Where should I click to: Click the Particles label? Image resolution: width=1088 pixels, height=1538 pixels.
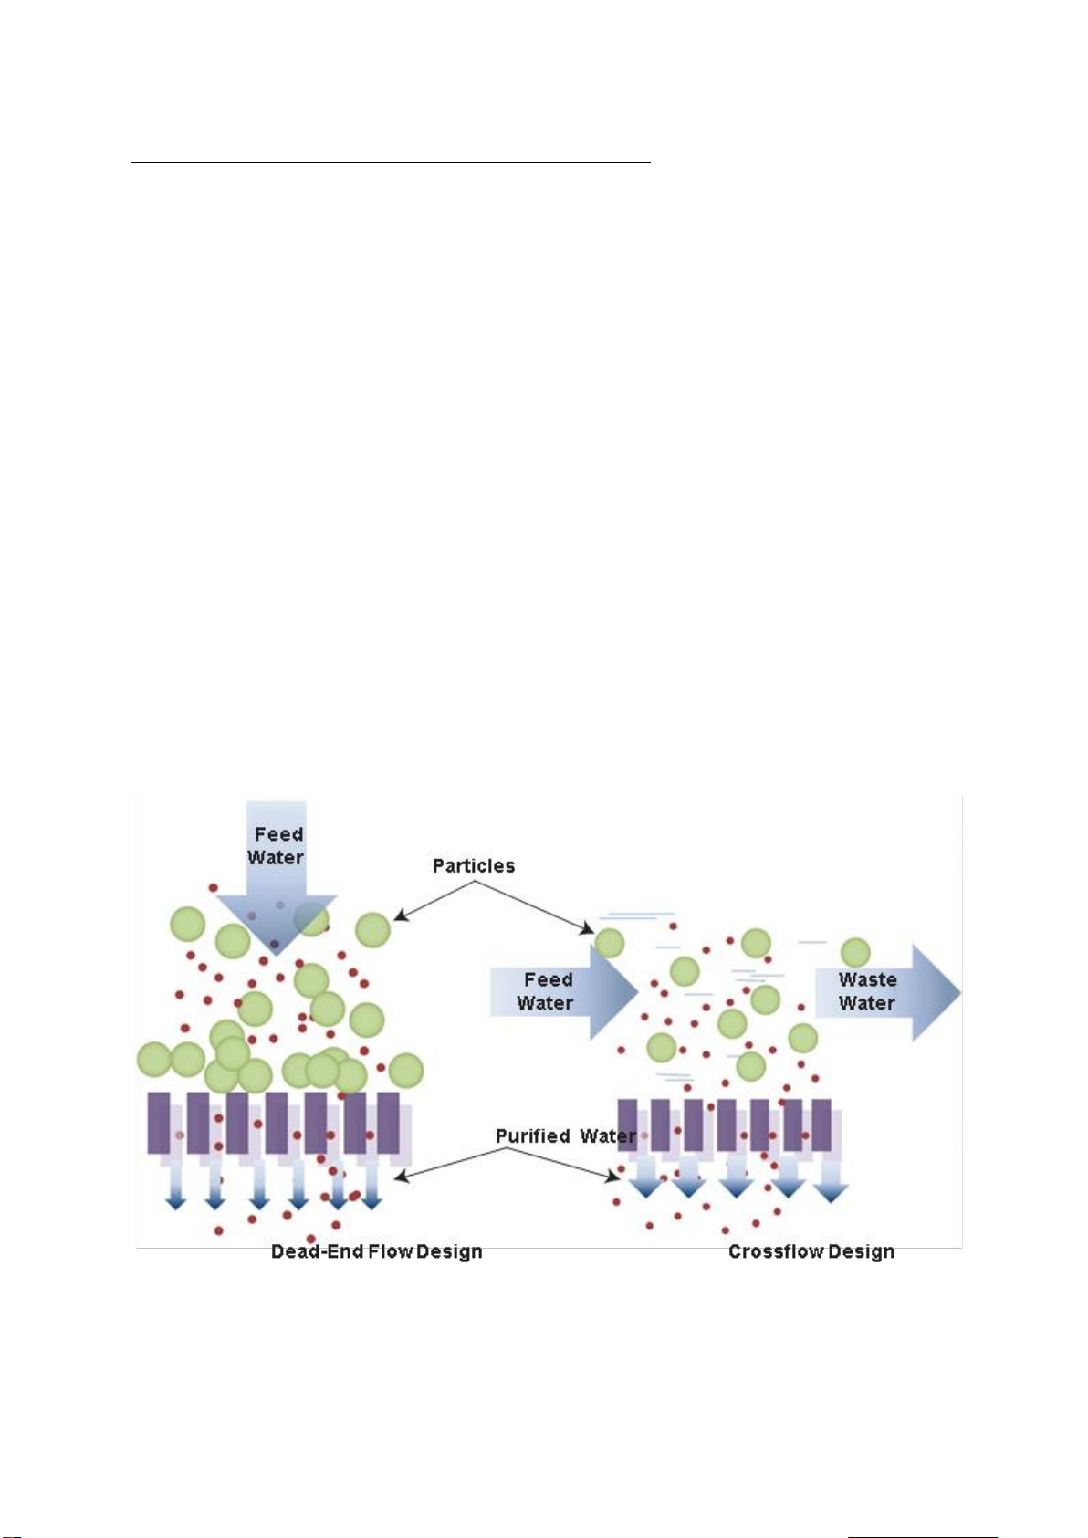tap(473, 866)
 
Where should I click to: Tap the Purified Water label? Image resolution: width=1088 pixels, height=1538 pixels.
tap(566, 1135)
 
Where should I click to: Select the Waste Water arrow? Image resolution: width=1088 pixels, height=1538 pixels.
tap(887, 992)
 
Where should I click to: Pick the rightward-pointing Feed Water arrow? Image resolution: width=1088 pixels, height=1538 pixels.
tap(564, 991)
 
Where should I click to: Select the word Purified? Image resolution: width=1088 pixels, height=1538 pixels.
tap(533, 1135)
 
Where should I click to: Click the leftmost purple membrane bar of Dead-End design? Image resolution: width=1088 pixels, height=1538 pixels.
tap(159, 1123)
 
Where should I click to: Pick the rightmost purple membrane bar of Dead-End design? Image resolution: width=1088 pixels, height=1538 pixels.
tap(389, 1123)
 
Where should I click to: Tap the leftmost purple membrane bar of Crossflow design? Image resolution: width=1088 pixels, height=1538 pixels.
tap(627, 1125)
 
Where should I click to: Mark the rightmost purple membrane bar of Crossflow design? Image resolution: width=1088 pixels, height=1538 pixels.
tap(821, 1125)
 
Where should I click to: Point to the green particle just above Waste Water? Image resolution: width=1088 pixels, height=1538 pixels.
tap(855, 952)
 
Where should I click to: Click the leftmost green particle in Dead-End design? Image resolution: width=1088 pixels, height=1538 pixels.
tap(153, 1060)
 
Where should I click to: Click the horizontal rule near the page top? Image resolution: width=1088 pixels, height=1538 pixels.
tap(391, 163)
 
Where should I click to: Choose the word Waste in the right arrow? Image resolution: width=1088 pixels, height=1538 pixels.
tap(868, 979)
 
